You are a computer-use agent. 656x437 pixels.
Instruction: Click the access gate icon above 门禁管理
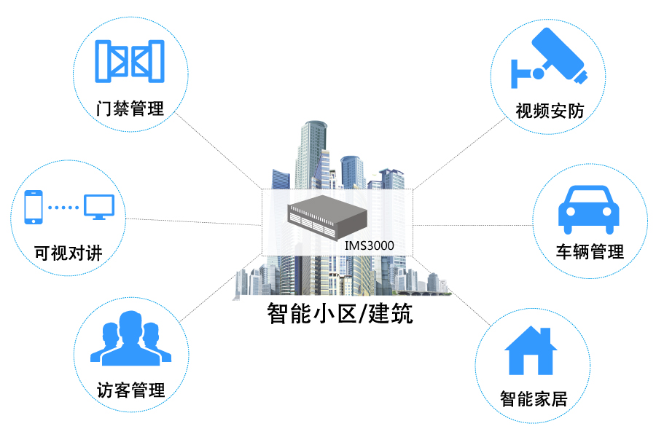point(130,61)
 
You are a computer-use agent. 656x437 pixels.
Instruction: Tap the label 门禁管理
point(130,109)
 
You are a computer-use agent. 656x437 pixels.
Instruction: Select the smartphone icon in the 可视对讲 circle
point(34,207)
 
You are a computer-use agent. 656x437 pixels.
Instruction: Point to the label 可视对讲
point(69,253)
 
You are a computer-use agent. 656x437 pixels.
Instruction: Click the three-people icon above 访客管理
point(130,338)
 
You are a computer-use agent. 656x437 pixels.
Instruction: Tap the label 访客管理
point(131,390)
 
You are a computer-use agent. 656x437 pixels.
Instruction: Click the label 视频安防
point(550,111)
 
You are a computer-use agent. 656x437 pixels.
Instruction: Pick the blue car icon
point(589,210)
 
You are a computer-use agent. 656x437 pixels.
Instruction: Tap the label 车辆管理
point(590,252)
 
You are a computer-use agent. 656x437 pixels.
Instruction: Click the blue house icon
point(531,350)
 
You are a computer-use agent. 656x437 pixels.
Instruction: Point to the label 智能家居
point(534,398)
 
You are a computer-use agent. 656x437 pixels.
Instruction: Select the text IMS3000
point(369,245)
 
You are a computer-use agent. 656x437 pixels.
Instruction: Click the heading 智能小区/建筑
point(340,314)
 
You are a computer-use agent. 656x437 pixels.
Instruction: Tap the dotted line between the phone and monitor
point(63,208)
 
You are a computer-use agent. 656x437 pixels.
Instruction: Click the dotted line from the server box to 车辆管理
point(473,225)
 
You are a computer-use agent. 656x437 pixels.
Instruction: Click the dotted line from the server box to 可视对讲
point(194,221)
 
